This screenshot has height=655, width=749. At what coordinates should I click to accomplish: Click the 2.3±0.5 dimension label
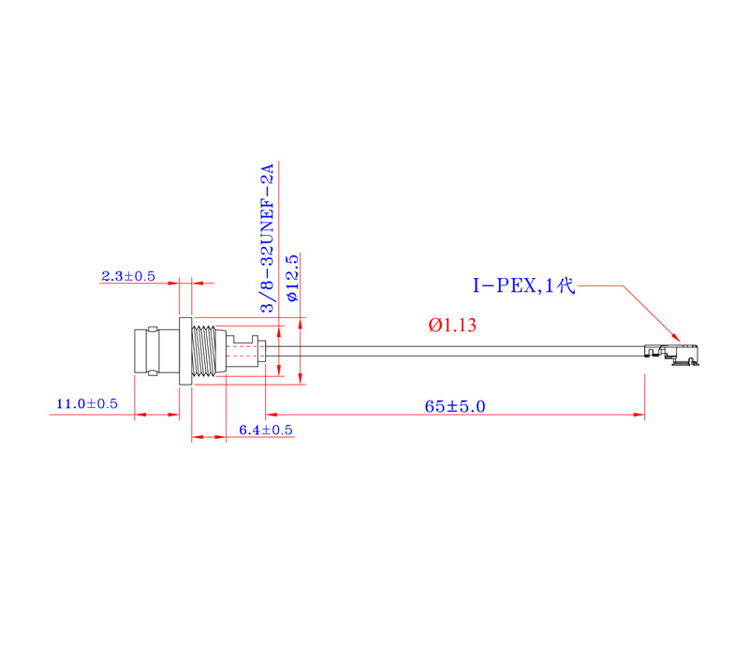(127, 276)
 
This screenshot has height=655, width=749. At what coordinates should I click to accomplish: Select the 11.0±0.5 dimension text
(87, 404)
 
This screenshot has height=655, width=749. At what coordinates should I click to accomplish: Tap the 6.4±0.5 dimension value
(266, 429)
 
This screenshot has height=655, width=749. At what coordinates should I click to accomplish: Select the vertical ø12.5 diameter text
(291, 277)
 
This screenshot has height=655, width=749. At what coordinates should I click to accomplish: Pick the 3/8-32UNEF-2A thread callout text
(268, 239)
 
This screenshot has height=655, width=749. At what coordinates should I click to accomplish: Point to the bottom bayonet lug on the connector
(148, 375)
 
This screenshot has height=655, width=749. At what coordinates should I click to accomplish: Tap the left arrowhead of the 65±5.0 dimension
(272, 414)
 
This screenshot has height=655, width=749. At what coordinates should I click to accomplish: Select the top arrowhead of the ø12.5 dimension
(301, 324)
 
